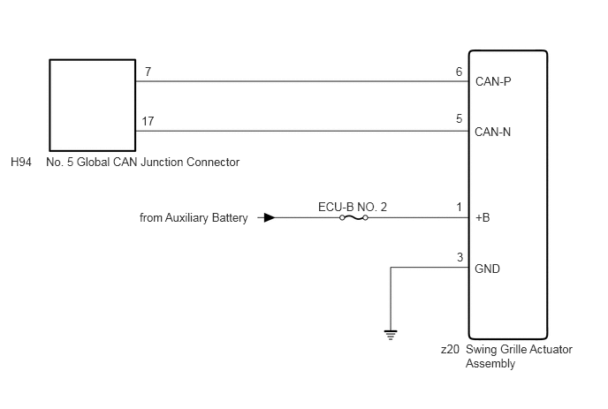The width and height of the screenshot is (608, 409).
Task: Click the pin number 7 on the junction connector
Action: click(x=148, y=72)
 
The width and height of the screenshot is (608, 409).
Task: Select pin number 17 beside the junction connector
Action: click(x=148, y=121)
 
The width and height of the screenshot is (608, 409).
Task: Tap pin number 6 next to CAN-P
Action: click(x=460, y=72)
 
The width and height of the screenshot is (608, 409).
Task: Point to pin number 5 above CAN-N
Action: click(x=460, y=118)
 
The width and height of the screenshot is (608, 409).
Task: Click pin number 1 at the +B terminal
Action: click(x=460, y=207)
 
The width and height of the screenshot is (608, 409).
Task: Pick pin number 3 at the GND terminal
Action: click(x=460, y=257)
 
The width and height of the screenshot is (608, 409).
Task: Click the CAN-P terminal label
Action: click(x=493, y=81)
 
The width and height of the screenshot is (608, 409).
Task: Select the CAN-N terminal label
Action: click(x=493, y=132)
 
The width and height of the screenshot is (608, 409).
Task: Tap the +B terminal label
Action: click(x=483, y=217)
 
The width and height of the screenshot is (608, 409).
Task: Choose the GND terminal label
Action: click(x=488, y=269)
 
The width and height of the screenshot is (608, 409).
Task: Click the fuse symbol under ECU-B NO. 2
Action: click(x=353, y=218)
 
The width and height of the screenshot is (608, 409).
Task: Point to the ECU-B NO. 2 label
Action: click(x=353, y=207)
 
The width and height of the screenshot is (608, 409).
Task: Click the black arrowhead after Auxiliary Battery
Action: click(x=270, y=218)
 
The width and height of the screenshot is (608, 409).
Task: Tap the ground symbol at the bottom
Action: click(x=391, y=335)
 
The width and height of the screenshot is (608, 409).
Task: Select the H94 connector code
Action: click(x=21, y=162)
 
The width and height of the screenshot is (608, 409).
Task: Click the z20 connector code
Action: click(x=450, y=349)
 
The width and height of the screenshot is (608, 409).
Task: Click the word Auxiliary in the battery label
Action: click(x=186, y=218)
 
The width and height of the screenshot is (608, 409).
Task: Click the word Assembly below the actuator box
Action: click(x=490, y=364)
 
